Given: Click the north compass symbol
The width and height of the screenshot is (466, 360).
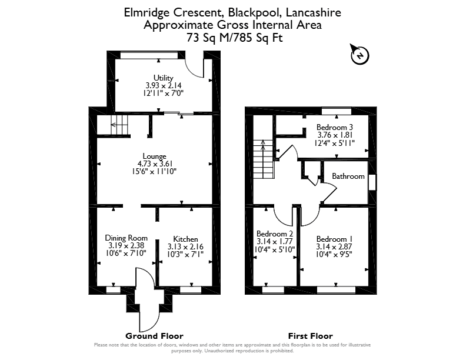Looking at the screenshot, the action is (360, 55).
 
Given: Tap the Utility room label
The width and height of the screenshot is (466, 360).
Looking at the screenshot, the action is (163, 78).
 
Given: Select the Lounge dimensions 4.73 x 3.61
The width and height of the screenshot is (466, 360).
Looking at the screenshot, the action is (155, 164).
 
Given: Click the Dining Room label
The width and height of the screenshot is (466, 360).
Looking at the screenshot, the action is (127, 238).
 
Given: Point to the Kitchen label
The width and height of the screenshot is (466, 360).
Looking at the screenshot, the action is (185, 239).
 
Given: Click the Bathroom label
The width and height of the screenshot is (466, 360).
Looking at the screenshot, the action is (348, 176).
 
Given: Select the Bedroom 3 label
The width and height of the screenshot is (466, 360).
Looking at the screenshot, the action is (334, 127).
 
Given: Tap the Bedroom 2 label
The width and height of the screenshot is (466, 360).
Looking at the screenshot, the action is (275, 234).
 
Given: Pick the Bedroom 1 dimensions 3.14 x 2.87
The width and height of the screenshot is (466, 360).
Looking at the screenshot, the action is (334, 246).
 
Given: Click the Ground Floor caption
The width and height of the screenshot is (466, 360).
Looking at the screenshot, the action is (154, 336).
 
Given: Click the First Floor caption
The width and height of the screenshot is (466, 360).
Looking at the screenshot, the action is (310, 336).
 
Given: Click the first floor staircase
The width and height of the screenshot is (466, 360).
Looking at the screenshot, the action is (263, 159).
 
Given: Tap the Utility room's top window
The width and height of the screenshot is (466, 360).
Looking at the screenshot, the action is (149, 55).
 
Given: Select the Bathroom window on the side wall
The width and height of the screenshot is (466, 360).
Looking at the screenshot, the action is (372, 182).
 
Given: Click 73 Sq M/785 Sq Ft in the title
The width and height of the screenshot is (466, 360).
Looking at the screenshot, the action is (234, 38).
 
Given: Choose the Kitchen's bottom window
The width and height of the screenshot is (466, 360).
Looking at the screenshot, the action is (191, 289).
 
